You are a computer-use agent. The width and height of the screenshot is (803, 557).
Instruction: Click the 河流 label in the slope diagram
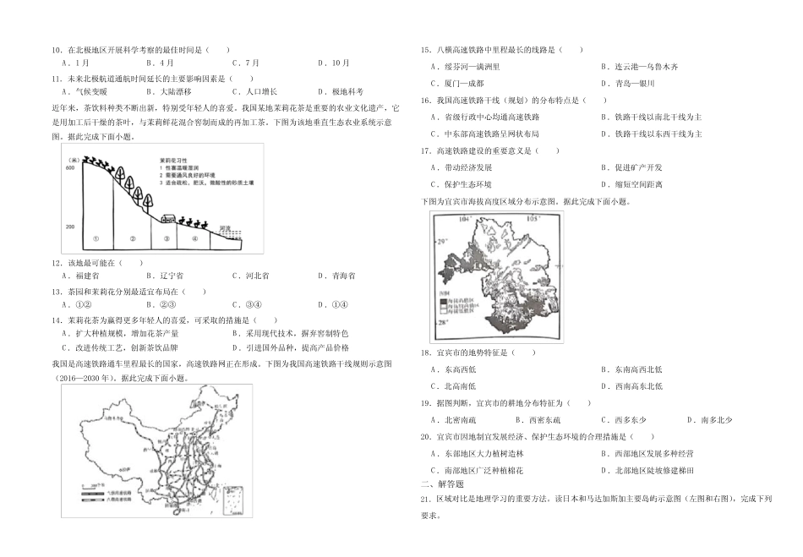tap(224, 227)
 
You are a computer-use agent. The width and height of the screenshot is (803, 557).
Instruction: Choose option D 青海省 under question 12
tap(337, 276)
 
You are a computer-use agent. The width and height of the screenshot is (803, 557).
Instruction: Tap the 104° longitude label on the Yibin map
tap(462, 218)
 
